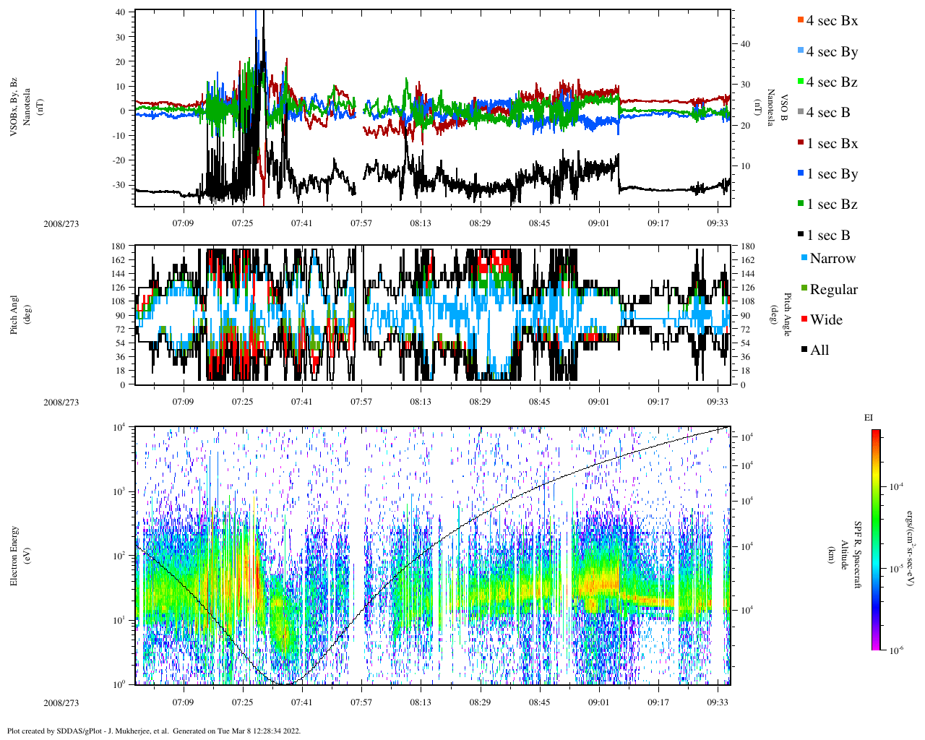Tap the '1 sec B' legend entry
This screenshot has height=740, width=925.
828,236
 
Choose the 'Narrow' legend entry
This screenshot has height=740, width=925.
832,259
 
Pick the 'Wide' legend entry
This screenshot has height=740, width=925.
825,320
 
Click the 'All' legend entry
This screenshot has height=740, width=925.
819,350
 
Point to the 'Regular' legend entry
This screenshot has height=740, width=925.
833,290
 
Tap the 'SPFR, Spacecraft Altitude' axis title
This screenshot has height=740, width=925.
844,555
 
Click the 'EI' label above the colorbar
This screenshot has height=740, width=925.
869,418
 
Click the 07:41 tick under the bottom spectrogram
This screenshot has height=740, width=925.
301,702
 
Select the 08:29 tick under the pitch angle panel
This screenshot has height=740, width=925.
480,402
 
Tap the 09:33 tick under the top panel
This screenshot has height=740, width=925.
718,223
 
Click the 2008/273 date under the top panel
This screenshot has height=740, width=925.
61,223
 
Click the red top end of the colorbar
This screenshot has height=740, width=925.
876,433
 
